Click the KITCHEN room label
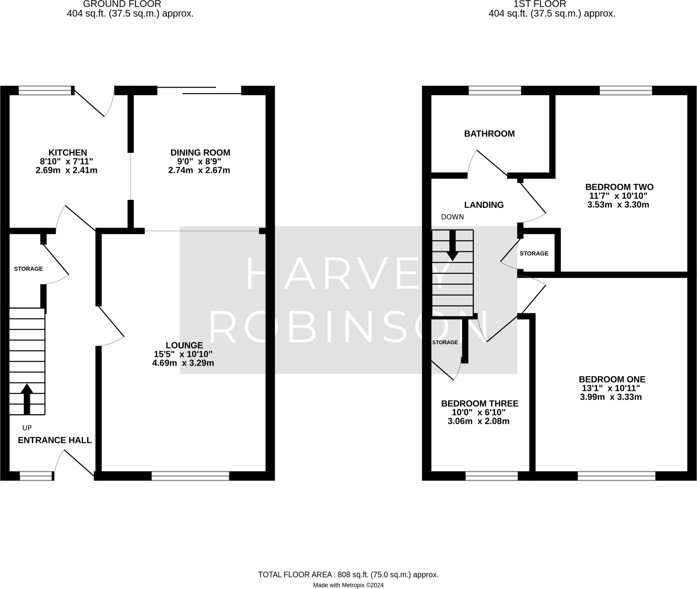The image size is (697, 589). [68, 152]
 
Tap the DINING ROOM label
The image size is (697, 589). [200, 152]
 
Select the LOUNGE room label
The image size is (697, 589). [184, 345]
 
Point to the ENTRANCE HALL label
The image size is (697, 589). [55, 440]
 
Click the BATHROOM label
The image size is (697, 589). [489, 134]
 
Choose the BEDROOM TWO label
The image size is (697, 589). [619, 187]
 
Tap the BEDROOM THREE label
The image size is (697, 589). [480, 403]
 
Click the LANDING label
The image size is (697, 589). [484, 205]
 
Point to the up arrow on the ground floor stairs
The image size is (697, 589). [27, 399]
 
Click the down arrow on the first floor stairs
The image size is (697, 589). [452, 245]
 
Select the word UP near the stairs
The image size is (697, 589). [27, 428]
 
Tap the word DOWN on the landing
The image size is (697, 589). [452, 217]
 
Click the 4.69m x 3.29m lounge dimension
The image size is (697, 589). [183, 363]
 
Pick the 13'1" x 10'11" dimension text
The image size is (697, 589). [610, 388]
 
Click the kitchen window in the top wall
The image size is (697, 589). [46, 90]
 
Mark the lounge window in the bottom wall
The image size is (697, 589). [190, 476]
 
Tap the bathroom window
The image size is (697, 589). [495, 90]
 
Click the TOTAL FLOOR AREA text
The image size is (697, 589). [348, 575]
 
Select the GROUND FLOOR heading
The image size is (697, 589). [122, 4]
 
